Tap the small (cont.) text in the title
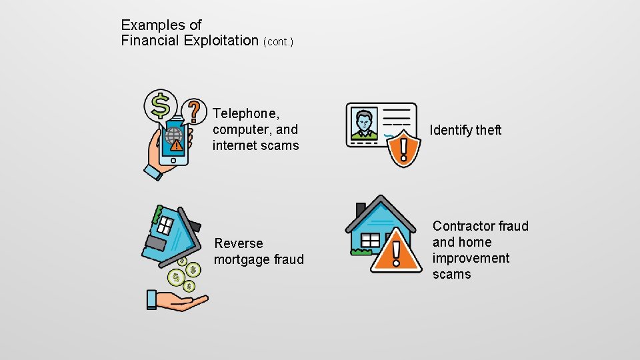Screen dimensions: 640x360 click(x=278, y=42)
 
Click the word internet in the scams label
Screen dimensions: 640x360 click(x=234, y=145)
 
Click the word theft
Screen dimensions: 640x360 click(x=489, y=130)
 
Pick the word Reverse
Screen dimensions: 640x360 click(x=239, y=243)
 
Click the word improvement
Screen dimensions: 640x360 click(x=471, y=258)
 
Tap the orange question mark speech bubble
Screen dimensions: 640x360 click(x=194, y=110)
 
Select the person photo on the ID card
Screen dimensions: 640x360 click(x=364, y=124)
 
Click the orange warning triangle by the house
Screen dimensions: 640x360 click(x=397, y=251)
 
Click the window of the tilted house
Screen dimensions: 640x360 click(x=165, y=225)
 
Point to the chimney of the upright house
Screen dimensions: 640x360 click(x=361, y=209)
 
